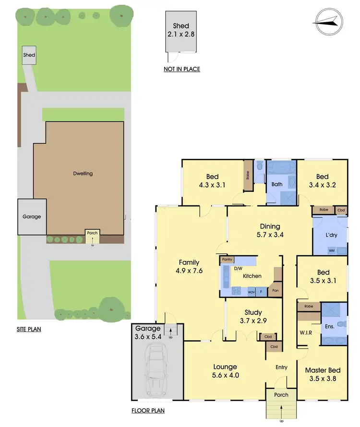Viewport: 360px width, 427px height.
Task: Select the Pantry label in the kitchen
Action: [x=227, y=260]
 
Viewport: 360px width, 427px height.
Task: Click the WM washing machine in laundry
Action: [x=331, y=250]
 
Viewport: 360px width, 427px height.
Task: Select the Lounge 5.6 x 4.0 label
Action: [x=226, y=371]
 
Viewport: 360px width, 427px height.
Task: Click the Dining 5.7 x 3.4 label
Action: [x=270, y=230]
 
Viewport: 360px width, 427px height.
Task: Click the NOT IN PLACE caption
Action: [x=181, y=69]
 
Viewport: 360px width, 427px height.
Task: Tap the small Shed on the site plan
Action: [x=29, y=56]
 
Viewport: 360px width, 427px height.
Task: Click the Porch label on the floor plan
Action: [x=281, y=395]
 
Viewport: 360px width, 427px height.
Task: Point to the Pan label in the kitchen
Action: [x=275, y=291]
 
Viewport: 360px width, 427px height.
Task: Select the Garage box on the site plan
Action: [x=32, y=217]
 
